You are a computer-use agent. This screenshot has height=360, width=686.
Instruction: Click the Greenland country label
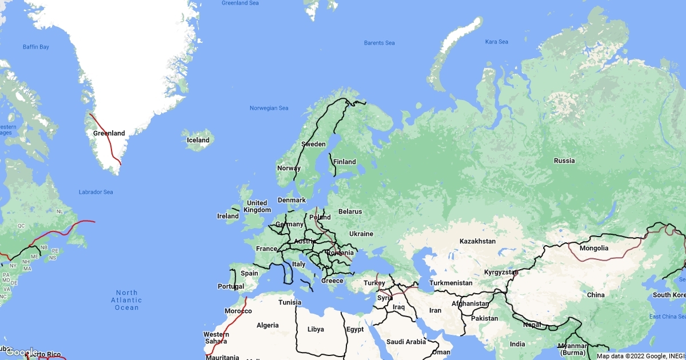(109, 133)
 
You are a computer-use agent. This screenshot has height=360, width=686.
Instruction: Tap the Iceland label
(198, 140)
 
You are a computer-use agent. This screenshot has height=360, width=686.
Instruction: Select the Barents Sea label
(379, 43)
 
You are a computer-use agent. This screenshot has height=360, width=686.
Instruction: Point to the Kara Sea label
(496, 42)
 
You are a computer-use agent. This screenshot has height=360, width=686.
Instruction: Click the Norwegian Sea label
(269, 108)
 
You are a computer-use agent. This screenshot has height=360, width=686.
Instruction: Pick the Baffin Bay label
(36, 46)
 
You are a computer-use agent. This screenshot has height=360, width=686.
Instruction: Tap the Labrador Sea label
(96, 192)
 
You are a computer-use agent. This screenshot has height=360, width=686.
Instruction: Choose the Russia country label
(564, 161)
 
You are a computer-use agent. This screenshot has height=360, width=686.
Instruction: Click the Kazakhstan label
(477, 241)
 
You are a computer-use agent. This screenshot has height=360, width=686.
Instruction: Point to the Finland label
(345, 162)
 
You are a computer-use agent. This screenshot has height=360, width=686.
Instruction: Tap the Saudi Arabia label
(406, 342)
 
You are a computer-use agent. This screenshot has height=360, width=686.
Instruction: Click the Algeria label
(268, 325)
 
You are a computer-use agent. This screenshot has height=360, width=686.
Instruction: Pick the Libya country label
(316, 329)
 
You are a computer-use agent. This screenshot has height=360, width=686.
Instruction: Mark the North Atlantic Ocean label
(126, 300)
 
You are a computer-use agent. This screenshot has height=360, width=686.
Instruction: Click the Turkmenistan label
(451, 283)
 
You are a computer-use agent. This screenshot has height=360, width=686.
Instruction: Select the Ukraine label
(361, 234)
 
